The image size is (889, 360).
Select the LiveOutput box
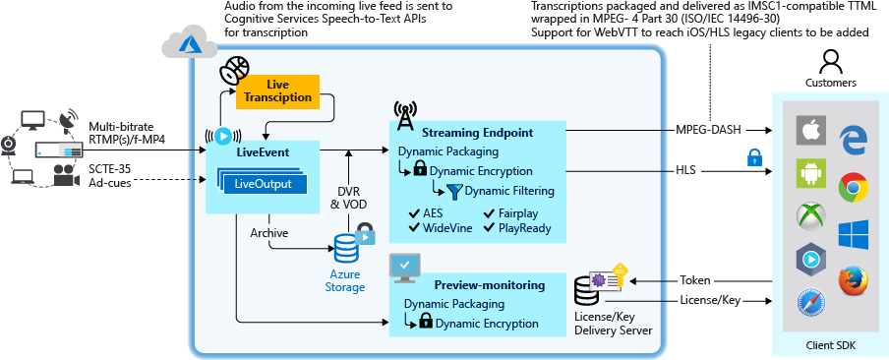(x=258, y=184)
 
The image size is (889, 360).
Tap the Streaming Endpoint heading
(x=477, y=132)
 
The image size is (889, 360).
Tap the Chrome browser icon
(x=852, y=187)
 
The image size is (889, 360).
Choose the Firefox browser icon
(x=852, y=281)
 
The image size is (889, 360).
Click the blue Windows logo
(x=852, y=234)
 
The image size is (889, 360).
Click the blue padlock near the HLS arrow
(x=754, y=156)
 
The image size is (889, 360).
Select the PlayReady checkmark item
(x=517, y=228)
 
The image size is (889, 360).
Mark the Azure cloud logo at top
(x=181, y=41)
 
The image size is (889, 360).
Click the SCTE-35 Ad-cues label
(x=111, y=175)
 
